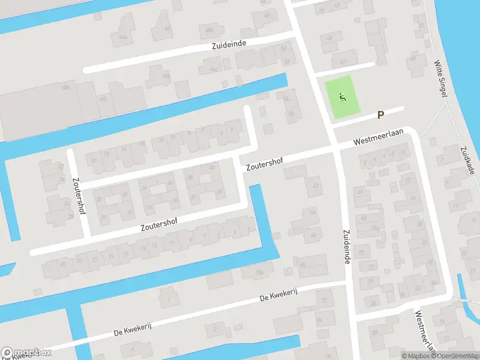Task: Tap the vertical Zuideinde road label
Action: [346, 246]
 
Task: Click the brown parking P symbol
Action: [380, 115]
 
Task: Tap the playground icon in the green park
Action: [343, 96]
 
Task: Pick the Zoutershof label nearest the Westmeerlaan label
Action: [263, 163]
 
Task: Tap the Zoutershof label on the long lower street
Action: [159, 224]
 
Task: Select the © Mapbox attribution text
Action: [416, 356]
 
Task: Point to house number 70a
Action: [259, 273]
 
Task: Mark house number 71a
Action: [376, 229]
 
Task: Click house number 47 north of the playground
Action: [343, 61]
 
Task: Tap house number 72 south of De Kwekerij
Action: [324, 300]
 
